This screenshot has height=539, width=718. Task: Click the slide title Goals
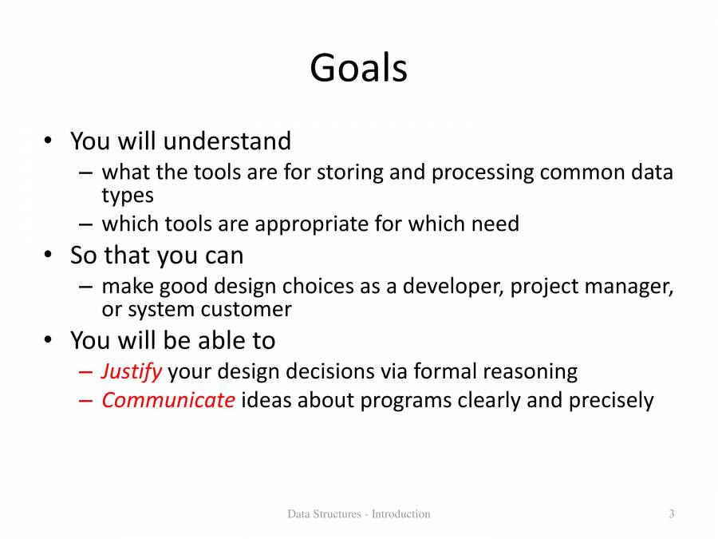(358, 68)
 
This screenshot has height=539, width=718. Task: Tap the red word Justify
(132, 371)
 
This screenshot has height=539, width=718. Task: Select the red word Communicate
(168, 400)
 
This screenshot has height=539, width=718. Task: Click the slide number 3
(671, 513)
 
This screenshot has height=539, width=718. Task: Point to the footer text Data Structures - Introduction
(358, 513)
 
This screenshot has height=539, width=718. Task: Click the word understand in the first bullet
(227, 141)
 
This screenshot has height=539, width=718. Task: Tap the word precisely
(611, 401)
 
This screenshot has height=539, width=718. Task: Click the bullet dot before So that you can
(48, 254)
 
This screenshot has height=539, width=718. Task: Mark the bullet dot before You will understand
(48, 141)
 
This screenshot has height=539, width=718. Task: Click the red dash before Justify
(85, 371)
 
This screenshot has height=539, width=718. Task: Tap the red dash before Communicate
(85, 401)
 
